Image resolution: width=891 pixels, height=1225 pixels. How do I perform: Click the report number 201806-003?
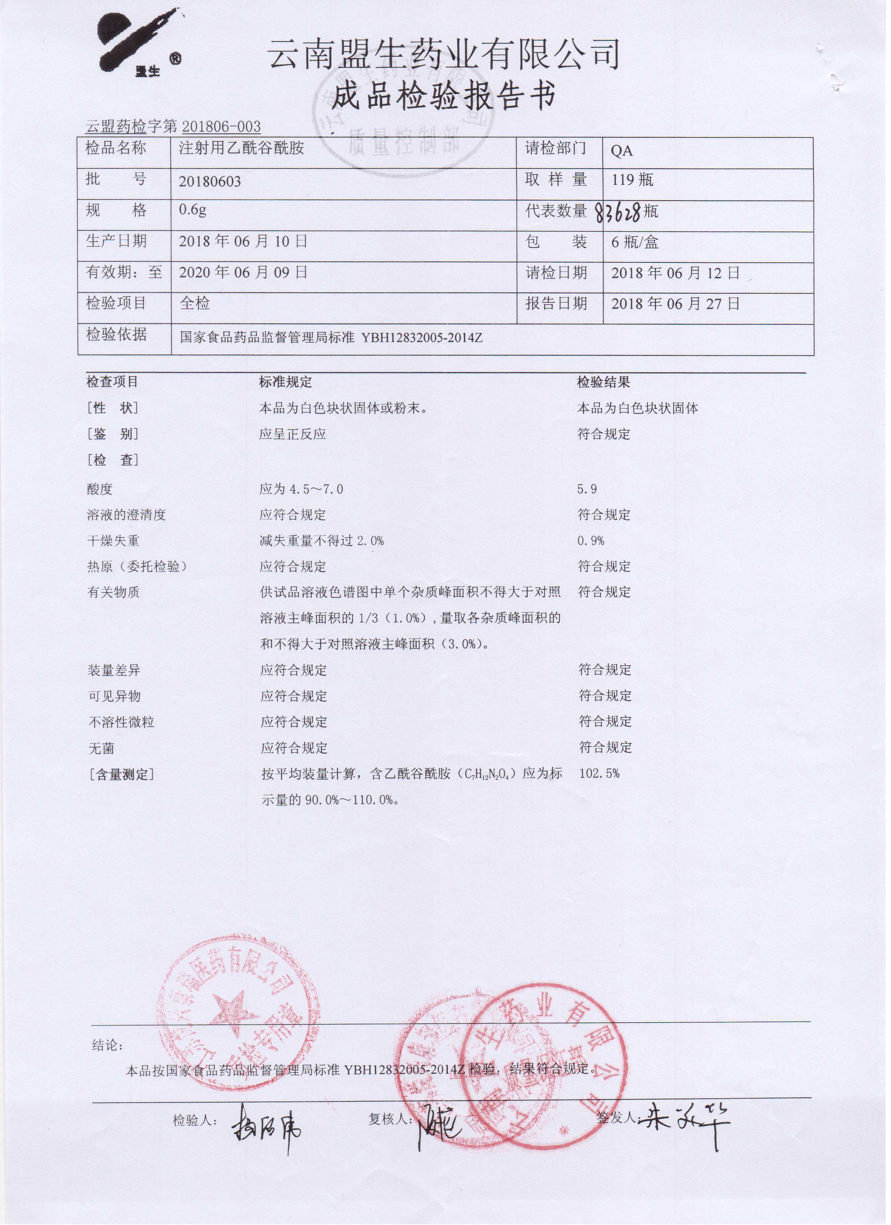point(222,127)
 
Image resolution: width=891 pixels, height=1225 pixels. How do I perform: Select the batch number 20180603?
point(210,181)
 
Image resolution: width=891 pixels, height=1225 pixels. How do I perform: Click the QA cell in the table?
point(621,151)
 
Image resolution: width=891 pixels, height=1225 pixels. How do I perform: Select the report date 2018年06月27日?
point(675,303)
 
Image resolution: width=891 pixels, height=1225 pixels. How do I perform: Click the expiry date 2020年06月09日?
point(243,272)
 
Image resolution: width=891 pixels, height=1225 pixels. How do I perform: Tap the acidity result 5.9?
point(587,489)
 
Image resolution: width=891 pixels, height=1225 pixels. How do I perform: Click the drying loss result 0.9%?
point(590,541)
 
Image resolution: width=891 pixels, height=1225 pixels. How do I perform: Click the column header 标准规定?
point(285,382)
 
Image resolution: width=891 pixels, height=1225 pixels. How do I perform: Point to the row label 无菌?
point(102,748)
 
